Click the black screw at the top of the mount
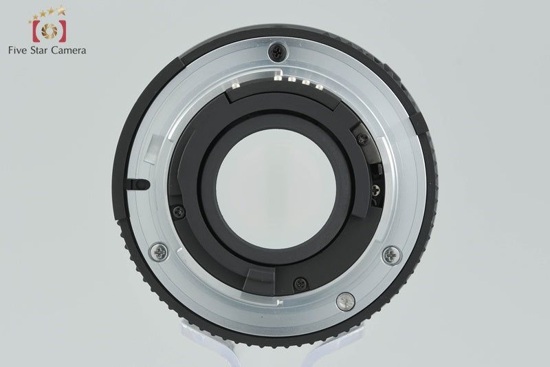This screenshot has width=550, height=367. (277, 53)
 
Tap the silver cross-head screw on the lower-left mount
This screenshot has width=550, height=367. (159, 252)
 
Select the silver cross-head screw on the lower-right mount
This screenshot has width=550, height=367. (392, 255)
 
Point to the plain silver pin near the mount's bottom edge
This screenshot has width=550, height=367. (346, 302)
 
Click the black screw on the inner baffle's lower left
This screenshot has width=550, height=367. (179, 212)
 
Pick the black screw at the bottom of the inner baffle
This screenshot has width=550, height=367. (300, 284)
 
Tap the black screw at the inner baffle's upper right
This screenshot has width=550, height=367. (363, 138)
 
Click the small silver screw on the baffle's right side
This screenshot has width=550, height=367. (375, 191)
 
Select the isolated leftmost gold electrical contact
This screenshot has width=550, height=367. (235, 84)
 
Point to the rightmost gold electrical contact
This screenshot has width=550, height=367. (319, 86)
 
